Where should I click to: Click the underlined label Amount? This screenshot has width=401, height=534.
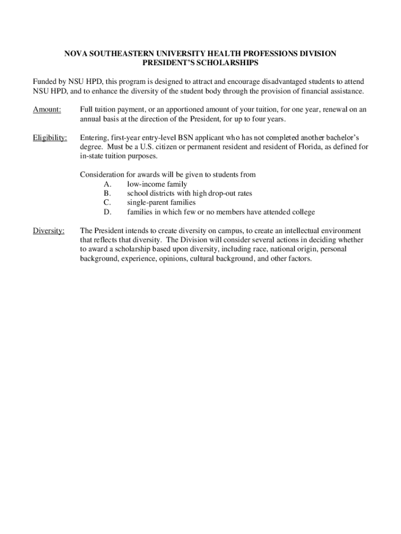(x=47, y=110)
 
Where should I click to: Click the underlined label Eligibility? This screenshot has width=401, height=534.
(x=50, y=138)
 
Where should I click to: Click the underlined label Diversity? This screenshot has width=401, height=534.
(x=48, y=230)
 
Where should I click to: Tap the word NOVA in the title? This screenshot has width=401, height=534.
(x=74, y=54)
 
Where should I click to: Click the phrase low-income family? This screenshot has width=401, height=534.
(x=157, y=184)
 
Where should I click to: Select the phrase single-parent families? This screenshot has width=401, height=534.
(x=161, y=202)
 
